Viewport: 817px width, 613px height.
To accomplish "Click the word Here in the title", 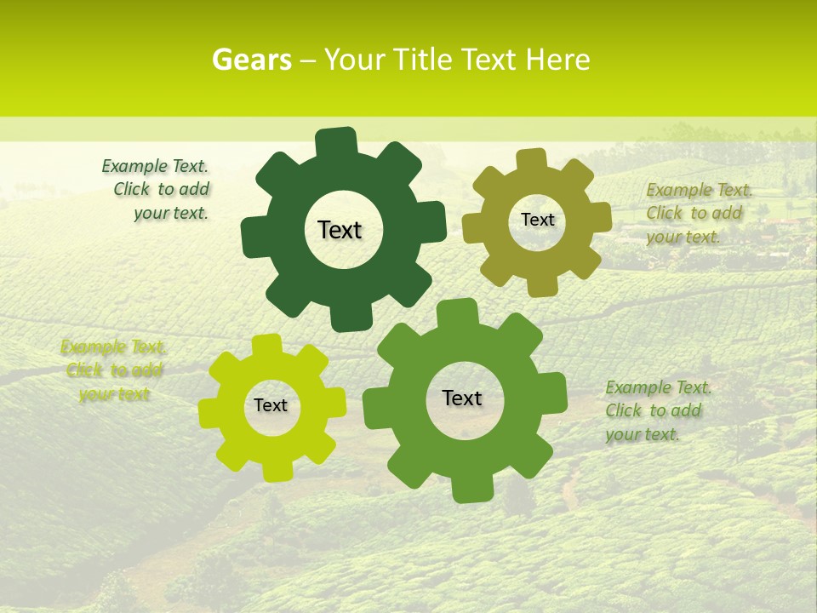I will [558, 60].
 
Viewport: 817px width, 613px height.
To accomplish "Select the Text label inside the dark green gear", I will [340, 230].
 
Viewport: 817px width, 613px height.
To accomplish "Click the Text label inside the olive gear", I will [537, 220].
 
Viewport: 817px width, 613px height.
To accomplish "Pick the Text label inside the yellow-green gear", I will [271, 405].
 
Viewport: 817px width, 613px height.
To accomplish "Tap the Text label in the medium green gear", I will [462, 398].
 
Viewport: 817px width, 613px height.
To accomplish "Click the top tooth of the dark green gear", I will [336, 141].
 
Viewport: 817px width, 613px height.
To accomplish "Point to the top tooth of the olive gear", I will [531, 160].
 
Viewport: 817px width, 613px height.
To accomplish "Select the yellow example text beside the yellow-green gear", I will [114, 370].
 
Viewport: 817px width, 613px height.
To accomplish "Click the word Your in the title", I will [353, 60].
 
